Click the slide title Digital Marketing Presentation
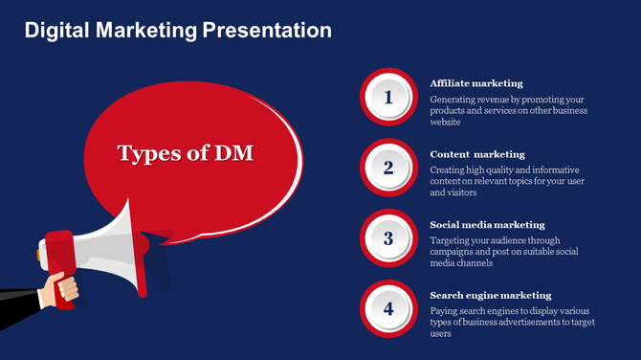[x=178, y=31]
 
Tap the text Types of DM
[x=185, y=152]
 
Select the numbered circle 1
[x=388, y=97]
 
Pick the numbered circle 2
[x=388, y=168]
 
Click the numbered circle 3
[x=388, y=238]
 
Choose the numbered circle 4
[x=388, y=308]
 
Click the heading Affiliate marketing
[x=476, y=83]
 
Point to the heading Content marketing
[x=477, y=154]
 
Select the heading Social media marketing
[x=487, y=225]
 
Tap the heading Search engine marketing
[x=491, y=295]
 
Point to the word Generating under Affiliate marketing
[x=454, y=100]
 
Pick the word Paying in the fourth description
[x=444, y=311]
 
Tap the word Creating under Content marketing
[x=449, y=170]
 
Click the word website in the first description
[x=446, y=123]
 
